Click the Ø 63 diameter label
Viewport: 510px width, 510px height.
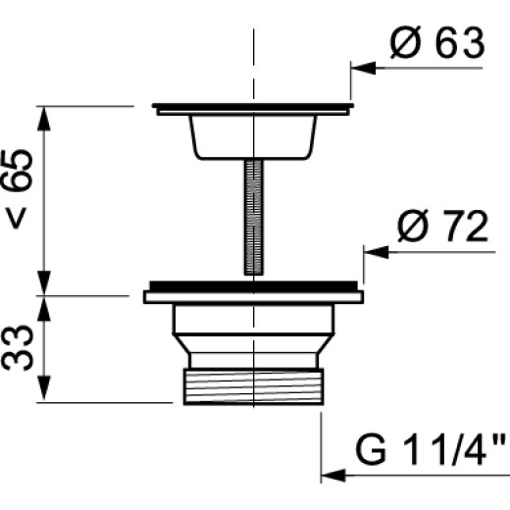pyautogui.click(x=437, y=43)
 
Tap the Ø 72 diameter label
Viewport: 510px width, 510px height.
pyautogui.click(x=442, y=226)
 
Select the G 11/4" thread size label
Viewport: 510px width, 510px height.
pyautogui.click(x=432, y=449)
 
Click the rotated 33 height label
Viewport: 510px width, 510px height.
pyautogui.click(x=18, y=348)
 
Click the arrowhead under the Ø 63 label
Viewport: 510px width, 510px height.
pyautogui.click(x=363, y=68)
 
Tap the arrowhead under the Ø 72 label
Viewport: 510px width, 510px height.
pyautogui.click(x=376, y=252)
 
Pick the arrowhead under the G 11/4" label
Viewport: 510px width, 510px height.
pyautogui.click(x=333, y=475)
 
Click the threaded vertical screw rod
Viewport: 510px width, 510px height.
pyautogui.click(x=254, y=218)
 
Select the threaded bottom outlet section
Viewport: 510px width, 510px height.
pyautogui.click(x=254, y=386)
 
